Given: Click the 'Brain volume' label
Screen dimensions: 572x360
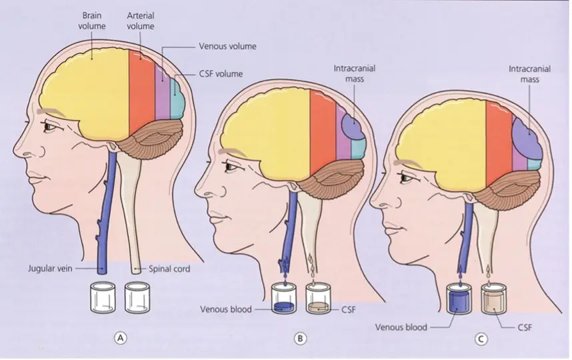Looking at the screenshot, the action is tap(91, 21).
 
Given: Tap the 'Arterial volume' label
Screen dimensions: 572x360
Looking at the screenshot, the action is tap(141, 21).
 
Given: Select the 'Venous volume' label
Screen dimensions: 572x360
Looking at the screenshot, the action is tap(227, 46).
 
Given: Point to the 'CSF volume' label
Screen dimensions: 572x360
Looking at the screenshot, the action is tap(221, 74).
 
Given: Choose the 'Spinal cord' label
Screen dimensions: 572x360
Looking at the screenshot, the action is tap(169, 269).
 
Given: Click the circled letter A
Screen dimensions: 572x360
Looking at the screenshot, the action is tap(121, 338).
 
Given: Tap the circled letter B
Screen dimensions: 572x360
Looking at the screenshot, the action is tap(300, 339).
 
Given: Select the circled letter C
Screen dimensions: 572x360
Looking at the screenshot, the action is tap(481, 339).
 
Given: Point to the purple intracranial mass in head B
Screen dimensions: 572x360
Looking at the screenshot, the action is tap(353, 126).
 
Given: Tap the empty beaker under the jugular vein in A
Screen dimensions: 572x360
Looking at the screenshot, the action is tap(102, 297).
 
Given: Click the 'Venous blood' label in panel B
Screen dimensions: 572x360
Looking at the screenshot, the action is tap(226, 309).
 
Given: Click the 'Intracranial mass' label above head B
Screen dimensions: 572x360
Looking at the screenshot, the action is tap(355, 73).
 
